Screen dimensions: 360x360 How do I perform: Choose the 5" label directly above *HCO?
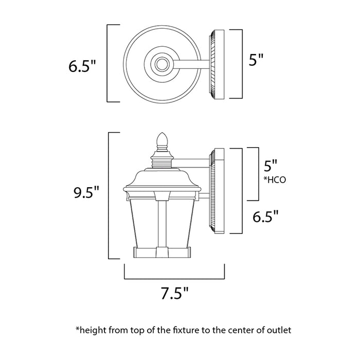270,166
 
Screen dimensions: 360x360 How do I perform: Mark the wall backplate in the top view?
217,64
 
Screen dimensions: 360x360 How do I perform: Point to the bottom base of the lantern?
162,252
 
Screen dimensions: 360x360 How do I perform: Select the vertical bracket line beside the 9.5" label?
109,195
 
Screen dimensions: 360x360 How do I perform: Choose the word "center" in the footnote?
241,328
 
